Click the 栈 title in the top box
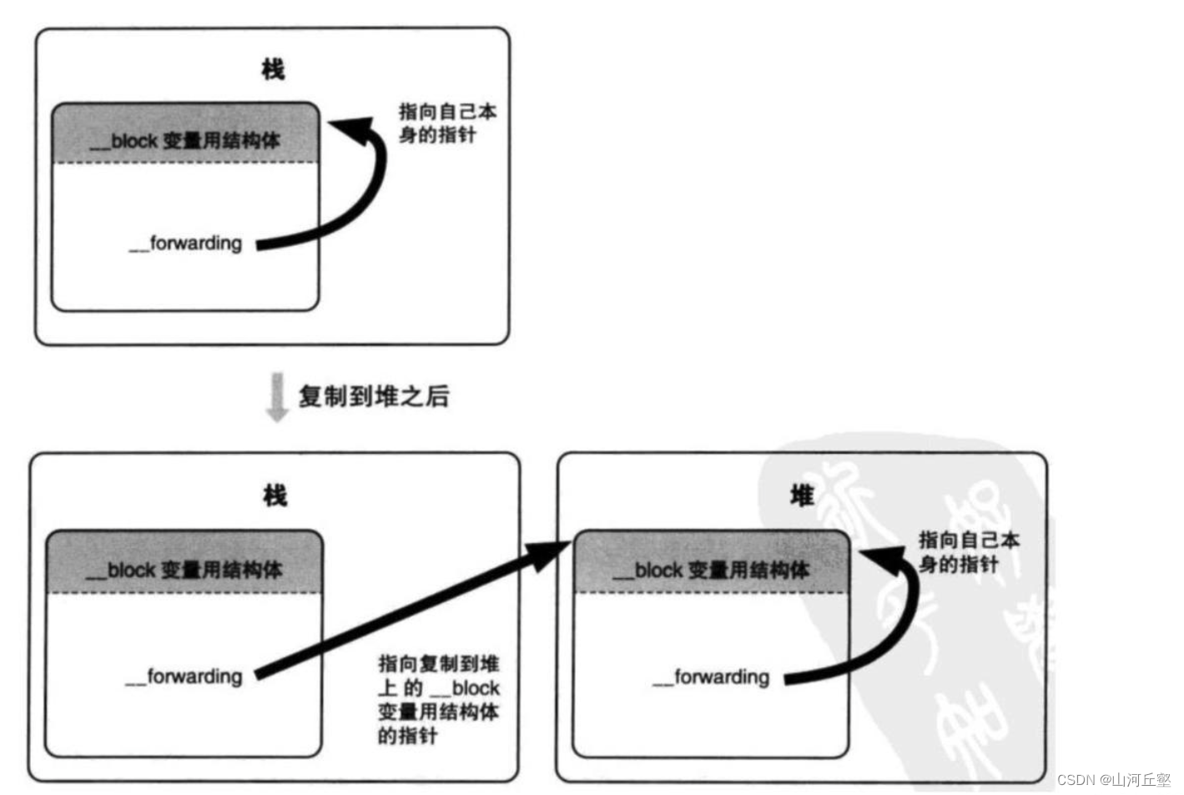tap(273, 69)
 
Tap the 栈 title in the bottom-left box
tap(275, 496)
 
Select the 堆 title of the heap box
tap(801, 496)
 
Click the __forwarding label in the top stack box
tap(186, 244)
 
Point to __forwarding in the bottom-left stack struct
tap(184, 676)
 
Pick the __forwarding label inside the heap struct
tap(711, 677)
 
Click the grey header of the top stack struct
tap(185, 133)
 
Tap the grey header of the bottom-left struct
tap(184, 562)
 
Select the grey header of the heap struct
tap(711, 562)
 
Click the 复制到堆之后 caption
tap(374, 395)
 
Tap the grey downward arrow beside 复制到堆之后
tap(276, 397)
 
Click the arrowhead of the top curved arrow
tap(350, 129)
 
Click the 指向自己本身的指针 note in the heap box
tap(968, 551)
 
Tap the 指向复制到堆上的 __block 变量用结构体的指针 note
tap(438, 699)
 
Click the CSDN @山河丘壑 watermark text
tap(1114, 779)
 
